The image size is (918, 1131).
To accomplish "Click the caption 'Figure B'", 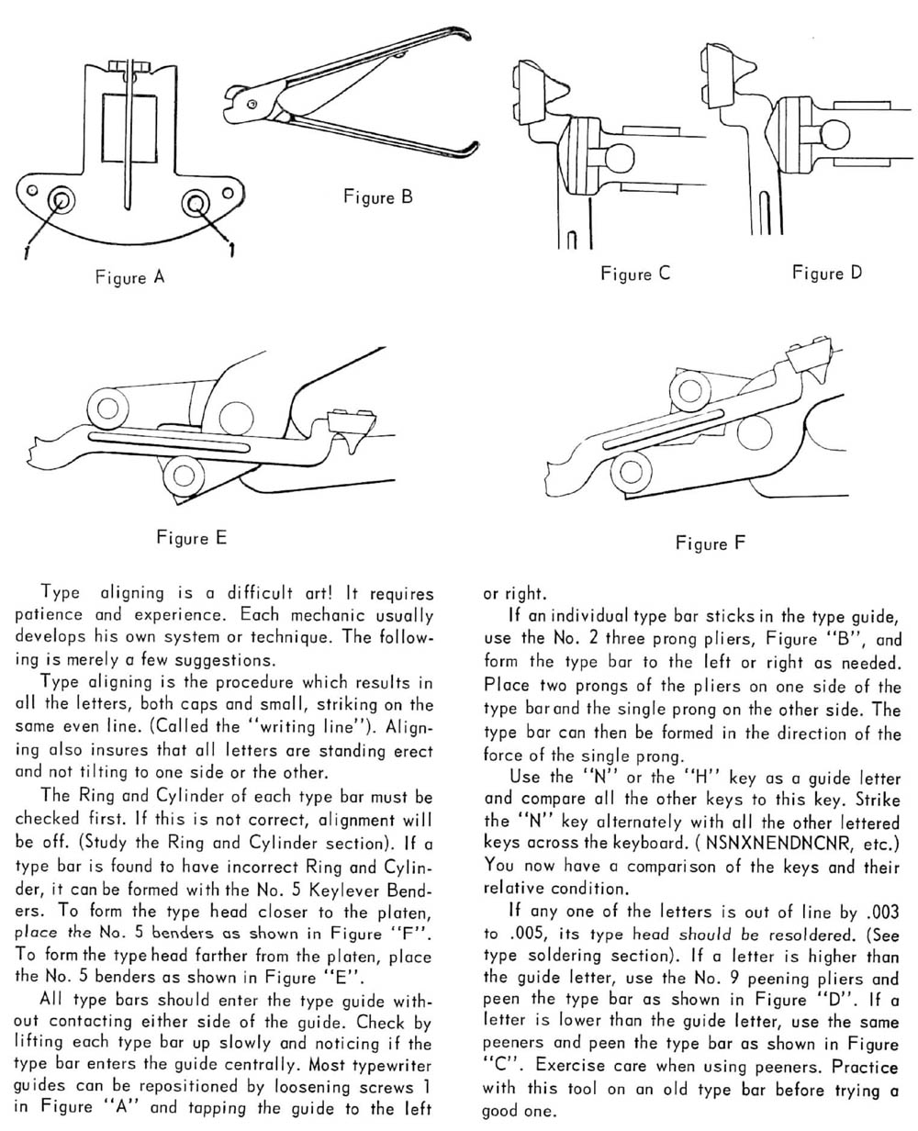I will pyautogui.click(x=378, y=196).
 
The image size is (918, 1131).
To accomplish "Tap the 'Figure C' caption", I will pyautogui.click(x=635, y=273).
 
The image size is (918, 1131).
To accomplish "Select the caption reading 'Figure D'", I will pyautogui.click(x=827, y=273).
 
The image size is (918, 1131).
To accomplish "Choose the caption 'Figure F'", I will pyautogui.click(x=711, y=543).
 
